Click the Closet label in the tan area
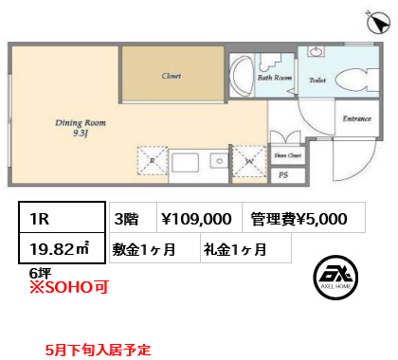tap(171, 76)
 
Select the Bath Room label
tap(274, 80)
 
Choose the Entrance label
tap(355, 119)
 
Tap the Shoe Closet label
tap(287, 154)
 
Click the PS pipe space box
tap(283, 174)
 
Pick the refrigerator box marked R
tap(153, 163)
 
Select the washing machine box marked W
tap(248, 163)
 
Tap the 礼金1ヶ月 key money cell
tap(234, 250)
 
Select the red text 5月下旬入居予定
tap(98, 350)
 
